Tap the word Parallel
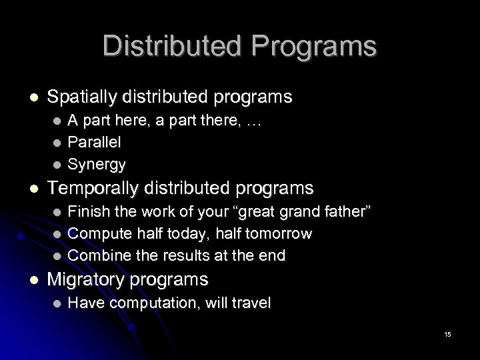click(95, 142)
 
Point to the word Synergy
click(97, 163)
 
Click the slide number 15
click(447, 334)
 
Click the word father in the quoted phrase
click(340, 212)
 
